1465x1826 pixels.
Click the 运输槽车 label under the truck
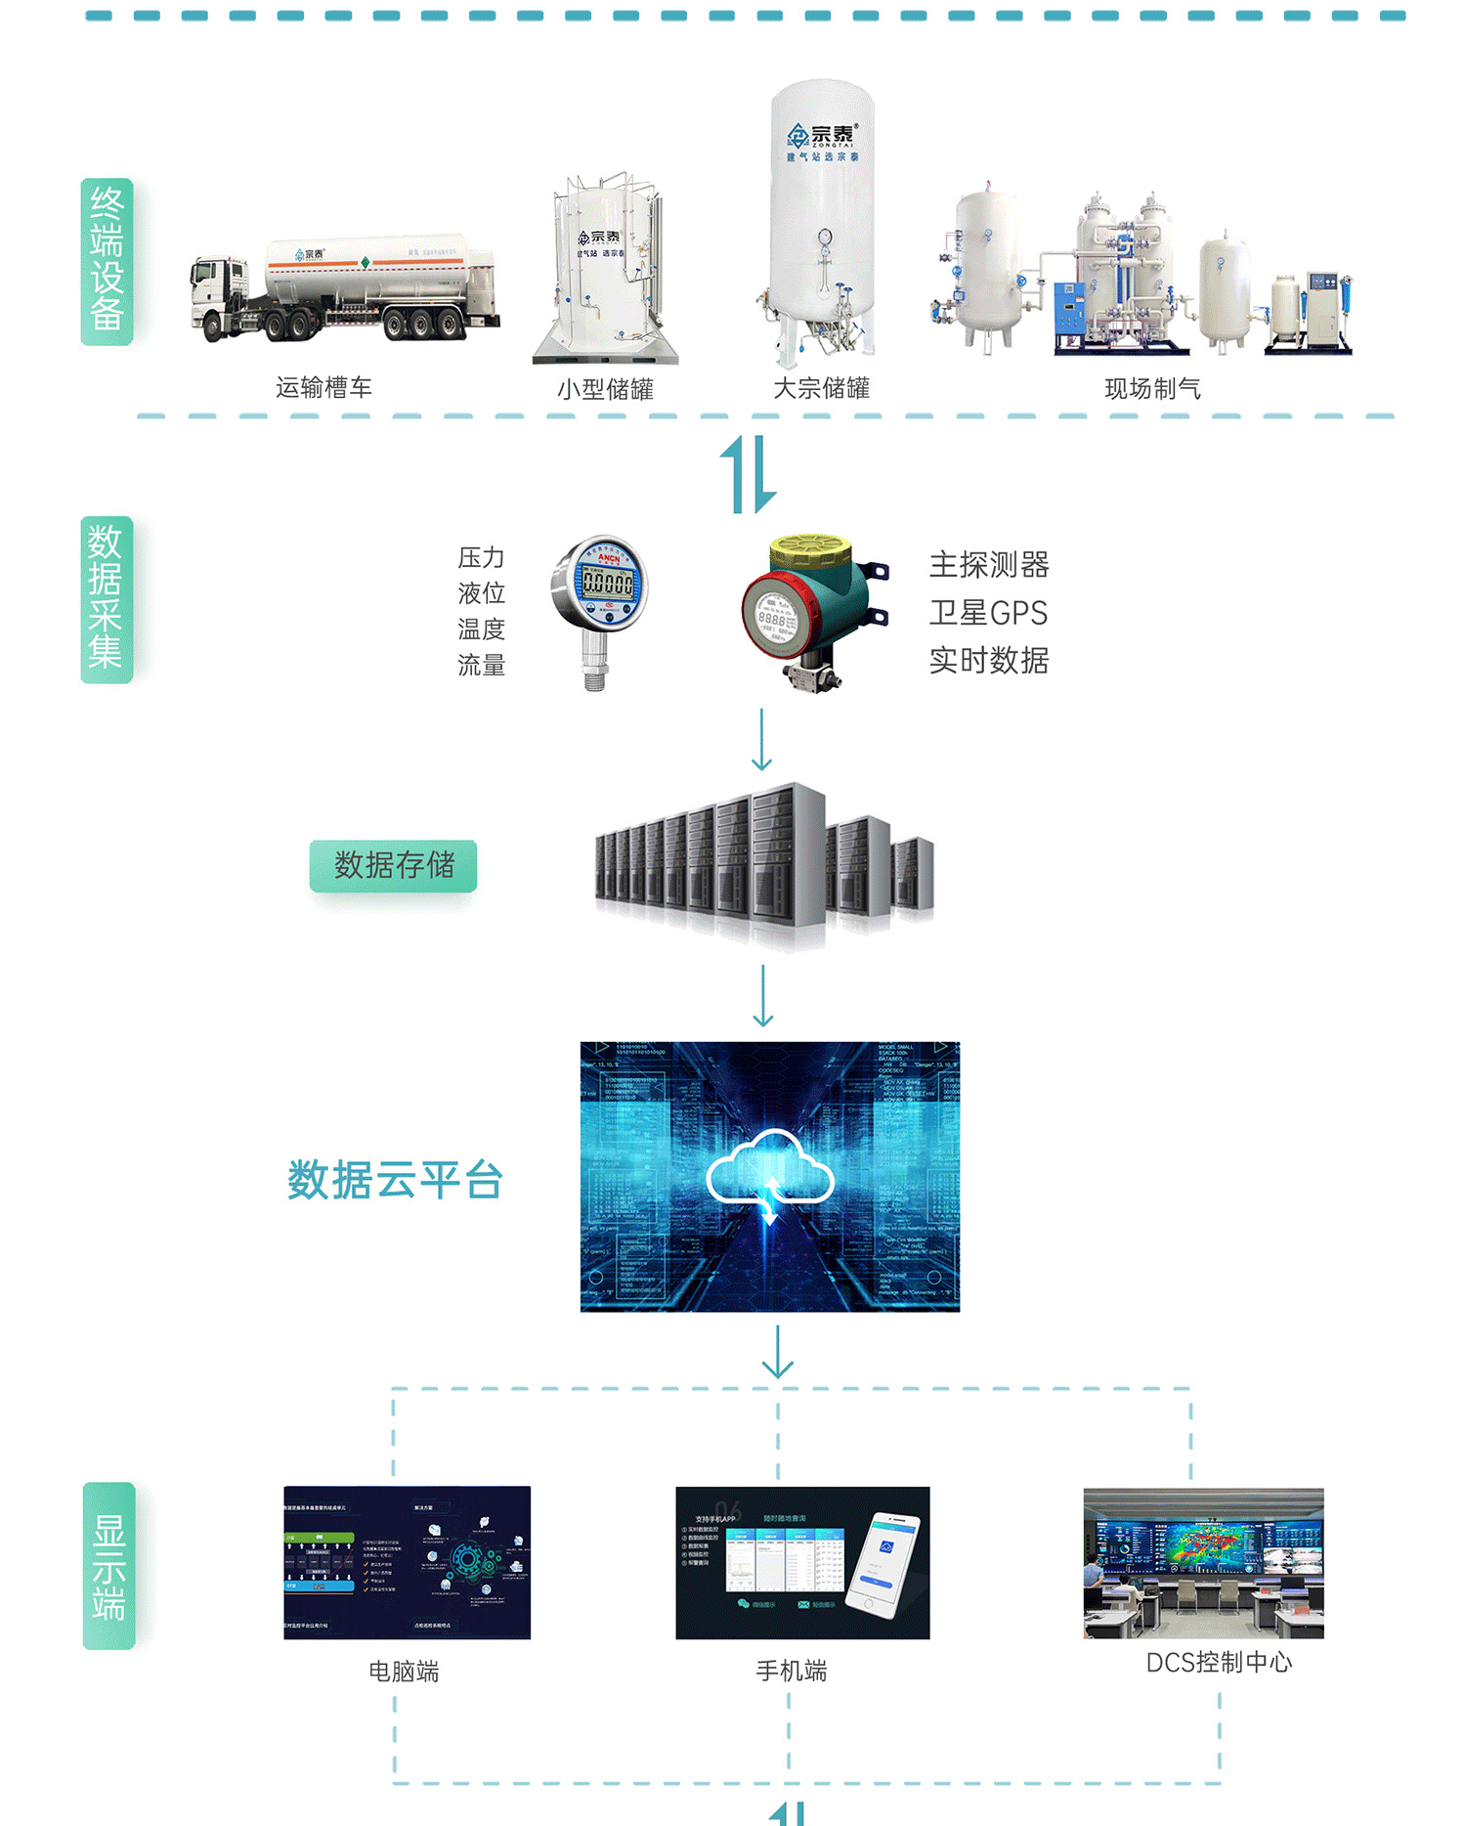tap(323, 388)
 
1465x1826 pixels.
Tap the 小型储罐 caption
tap(605, 390)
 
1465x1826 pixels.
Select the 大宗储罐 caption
tap(821, 389)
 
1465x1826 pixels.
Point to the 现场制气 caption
tap(1152, 389)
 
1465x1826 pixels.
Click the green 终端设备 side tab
tap(107, 261)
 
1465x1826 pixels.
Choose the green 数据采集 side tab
tap(106, 599)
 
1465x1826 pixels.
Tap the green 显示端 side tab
tap(108, 1565)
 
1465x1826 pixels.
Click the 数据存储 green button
tap(393, 865)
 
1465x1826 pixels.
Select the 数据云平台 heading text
tap(395, 1180)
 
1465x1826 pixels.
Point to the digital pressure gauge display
tap(607, 584)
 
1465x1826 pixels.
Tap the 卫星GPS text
tap(988, 613)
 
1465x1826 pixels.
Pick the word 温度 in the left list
tap(481, 630)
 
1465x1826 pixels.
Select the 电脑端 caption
tap(404, 1672)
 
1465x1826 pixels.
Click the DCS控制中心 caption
tap(1219, 1663)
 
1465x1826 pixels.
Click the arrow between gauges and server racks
tap(762, 740)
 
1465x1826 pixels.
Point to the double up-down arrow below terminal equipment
tap(749, 475)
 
